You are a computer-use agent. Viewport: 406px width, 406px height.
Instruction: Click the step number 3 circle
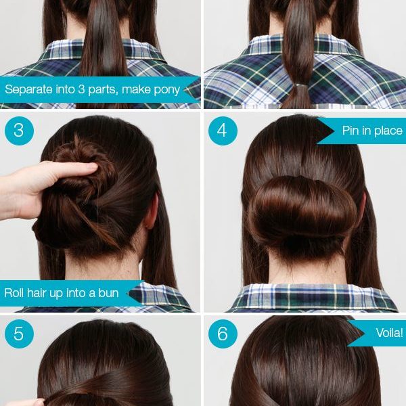(19, 131)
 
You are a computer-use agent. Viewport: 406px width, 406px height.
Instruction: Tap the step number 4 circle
(223, 131)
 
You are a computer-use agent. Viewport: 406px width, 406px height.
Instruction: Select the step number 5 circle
(19, 334)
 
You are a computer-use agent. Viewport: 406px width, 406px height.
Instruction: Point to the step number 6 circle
(223, 334)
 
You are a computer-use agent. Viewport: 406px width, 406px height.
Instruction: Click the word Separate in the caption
(28, 89)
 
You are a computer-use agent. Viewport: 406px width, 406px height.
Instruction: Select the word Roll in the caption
(14, 293)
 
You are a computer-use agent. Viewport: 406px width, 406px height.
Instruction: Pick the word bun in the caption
(108, 293)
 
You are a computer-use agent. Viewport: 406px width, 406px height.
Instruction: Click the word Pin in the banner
(351, 130)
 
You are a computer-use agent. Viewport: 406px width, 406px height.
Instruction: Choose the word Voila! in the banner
(389, 333)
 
